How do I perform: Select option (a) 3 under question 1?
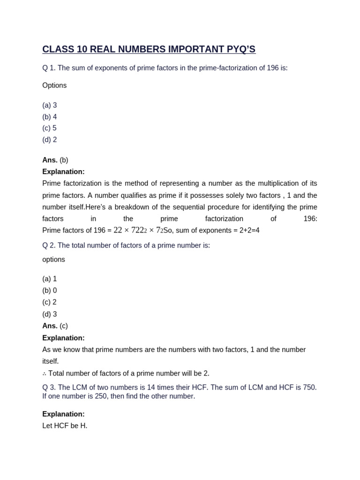(x=50, y=105)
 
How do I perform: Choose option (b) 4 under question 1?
(x=50, y=117)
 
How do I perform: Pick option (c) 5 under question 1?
(x=50, y=128)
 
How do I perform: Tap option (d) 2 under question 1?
(x=50, y=140)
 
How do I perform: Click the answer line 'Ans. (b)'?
(x=55, y=160)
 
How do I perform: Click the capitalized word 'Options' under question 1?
(x=54, y=85)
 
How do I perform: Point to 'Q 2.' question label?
(x=49, y=246)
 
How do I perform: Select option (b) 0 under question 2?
(x=50, y=291)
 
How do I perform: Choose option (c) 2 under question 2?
(x=50, y=302)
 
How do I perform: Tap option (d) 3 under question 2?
(x=50, y=314)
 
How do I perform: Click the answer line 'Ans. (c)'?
(x=55, y=326)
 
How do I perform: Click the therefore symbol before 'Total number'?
(x=45, y=374)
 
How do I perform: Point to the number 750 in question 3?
(x=309, y=387)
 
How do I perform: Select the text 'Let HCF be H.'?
(x=65, y=426)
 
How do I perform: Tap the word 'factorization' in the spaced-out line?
(x=224, y=219)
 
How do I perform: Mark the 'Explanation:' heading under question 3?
(x=63, y=414)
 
